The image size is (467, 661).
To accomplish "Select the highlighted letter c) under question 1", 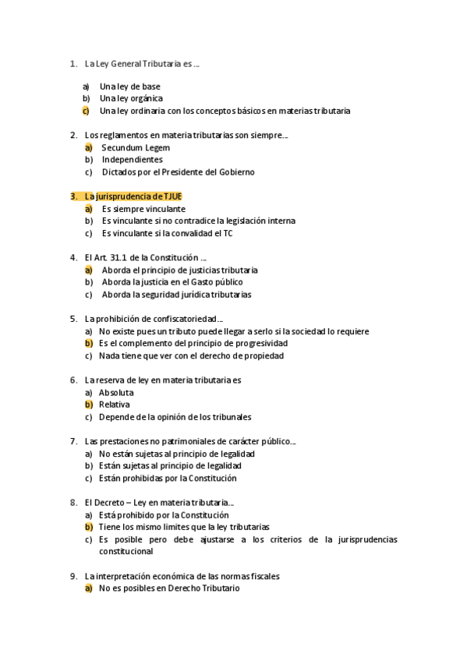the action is (x=86, y=111).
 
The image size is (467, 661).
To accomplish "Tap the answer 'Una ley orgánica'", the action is (x=131, y=98).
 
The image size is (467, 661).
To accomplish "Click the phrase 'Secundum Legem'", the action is (x=136, y=147).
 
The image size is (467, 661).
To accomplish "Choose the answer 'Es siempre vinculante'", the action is (x=143, y=209).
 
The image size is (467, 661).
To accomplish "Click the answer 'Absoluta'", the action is (x=116, y=393).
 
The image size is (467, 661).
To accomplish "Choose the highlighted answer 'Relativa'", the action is (x=114, y=405).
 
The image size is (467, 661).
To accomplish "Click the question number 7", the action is (x=73, y=441).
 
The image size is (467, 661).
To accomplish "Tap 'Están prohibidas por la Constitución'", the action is (x=167, y=478).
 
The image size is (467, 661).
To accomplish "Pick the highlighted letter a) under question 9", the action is (x=88, y=589).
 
